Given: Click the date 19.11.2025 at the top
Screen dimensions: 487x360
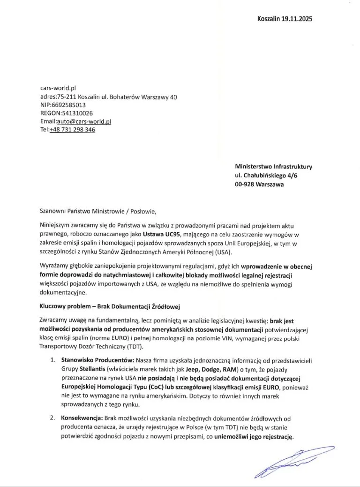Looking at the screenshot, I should click(x=297, y=19).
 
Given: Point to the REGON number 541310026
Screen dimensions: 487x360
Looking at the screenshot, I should click(x=75, y=113).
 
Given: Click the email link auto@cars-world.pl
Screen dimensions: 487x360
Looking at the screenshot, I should click(x=83, y=122).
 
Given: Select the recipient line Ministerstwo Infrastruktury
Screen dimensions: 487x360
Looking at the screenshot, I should click(x=274, y=167).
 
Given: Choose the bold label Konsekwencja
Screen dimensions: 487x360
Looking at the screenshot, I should click(x=82, y=418).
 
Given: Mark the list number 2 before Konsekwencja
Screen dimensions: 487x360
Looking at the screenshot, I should click(x=52, y=418).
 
